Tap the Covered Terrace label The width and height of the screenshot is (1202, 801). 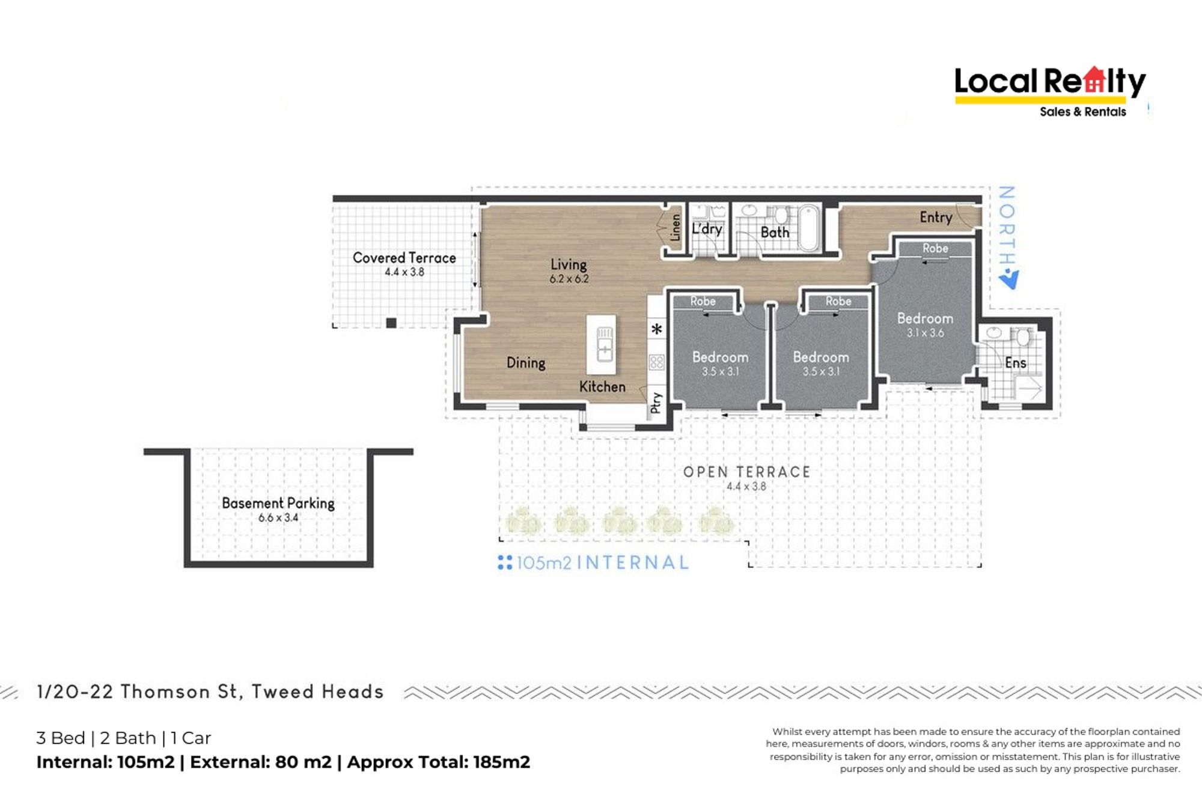click(x=404, y=258)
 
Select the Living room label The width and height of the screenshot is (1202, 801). click(x=569, y=264)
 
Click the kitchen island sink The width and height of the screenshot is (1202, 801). click(x=604, y=344)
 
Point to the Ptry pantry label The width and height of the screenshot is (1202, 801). click(x=656, y=402)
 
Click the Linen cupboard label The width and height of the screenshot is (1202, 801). click(x=676, y=227)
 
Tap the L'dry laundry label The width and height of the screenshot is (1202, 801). click(x=707, y=229)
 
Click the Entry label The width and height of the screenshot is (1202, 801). click(x=936, y=218)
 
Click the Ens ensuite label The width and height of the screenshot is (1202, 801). click(x=1015, y=363)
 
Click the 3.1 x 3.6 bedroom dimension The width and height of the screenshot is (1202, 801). click(x=925, y=333)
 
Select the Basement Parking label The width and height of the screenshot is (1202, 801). click(x=278, y=503)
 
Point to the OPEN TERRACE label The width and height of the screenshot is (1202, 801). click(x=746, y=472)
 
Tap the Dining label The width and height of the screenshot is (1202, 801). click(x=526, y=363)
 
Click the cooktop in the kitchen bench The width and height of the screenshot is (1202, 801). click(x=657, y=362)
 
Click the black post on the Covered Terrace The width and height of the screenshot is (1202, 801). click(x=391, y=323)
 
